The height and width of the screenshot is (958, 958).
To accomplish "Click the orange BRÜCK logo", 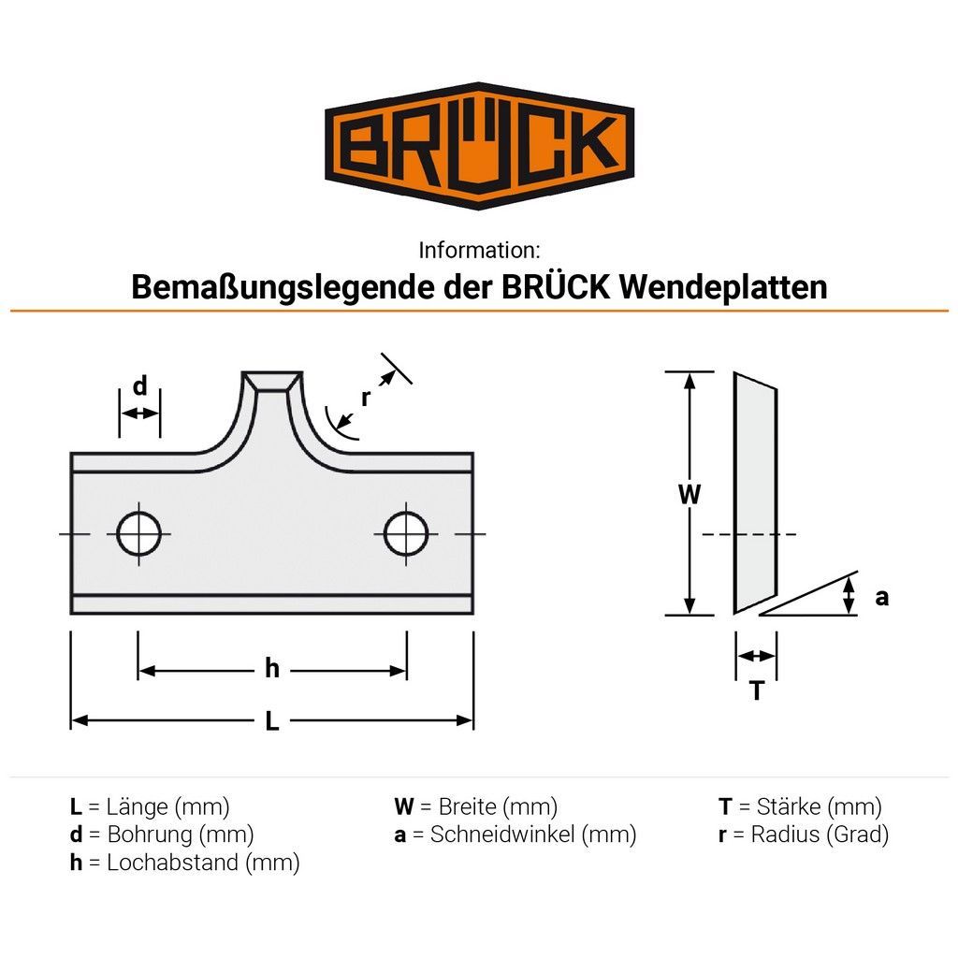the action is pyautogui.click(x=479, y=145).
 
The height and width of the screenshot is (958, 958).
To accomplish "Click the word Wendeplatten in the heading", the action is pyautogui.click(x=723, y=286).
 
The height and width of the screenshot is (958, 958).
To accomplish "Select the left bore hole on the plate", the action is pyautogui.click(x=139, y=534).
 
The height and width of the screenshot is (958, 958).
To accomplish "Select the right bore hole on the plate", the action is pyautogui.click(x=406, y=534).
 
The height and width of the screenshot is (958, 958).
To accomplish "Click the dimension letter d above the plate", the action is pyautogui.click(x=140, y=386).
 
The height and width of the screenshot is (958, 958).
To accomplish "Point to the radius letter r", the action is pyautogui.click(x=366, y=398).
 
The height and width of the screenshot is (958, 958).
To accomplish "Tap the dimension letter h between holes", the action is pyautogui.click(x=272, y=668).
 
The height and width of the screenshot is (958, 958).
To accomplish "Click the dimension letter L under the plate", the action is pyautogui.click(x=272, y=721).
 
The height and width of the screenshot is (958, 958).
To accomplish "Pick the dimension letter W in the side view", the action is pyautogui.click(x=689, y=494).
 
